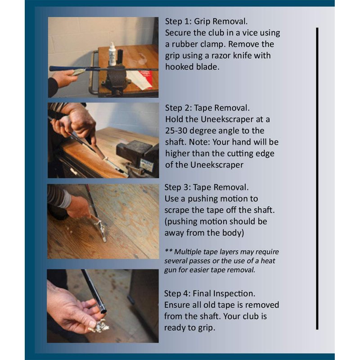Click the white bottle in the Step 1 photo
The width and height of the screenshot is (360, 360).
pos(112,54)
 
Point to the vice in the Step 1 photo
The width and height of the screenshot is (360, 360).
pos(117,79)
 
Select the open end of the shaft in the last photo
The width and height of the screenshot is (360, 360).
pos(104,311)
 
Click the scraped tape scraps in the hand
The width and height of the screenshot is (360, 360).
pos(99,325)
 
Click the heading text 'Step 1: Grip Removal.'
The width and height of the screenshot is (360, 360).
pos(207,21)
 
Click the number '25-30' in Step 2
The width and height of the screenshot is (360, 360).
pos(176,130)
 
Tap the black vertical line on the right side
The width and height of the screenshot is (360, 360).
pos(317,179)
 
